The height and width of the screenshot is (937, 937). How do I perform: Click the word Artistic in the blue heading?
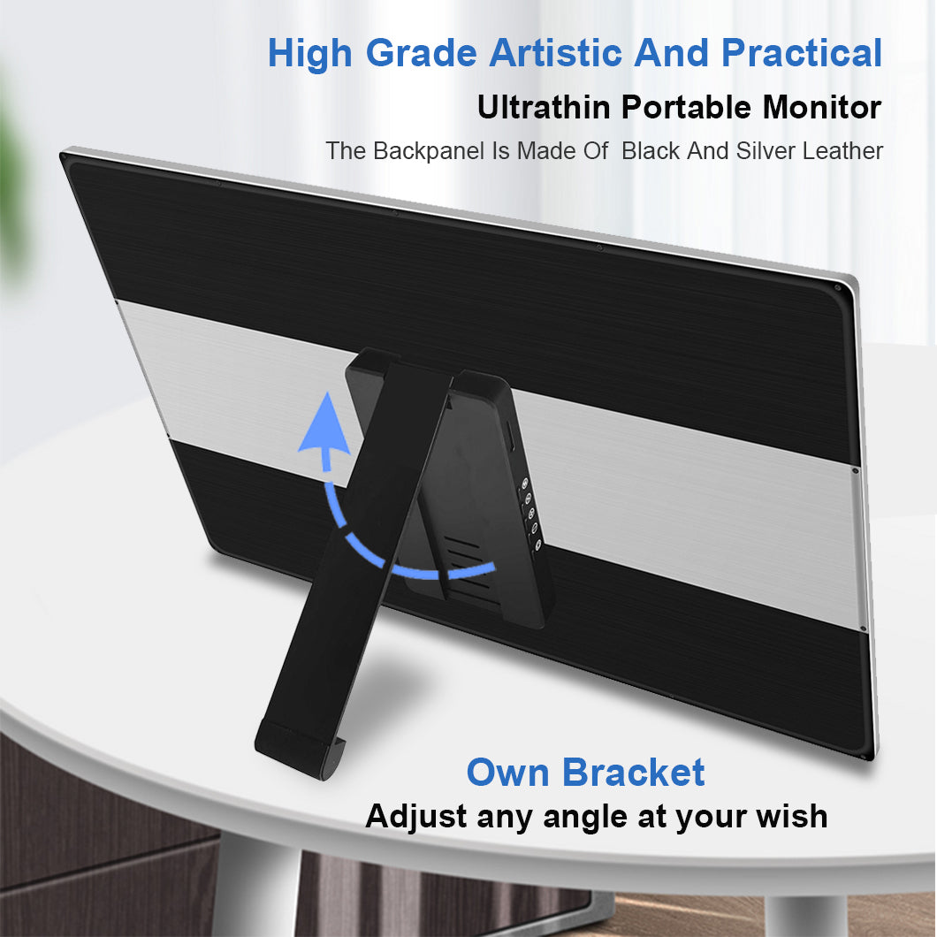(x=557, y=52)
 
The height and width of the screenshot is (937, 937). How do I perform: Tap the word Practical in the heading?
(x=802, y=52)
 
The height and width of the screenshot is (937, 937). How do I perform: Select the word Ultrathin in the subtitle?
(x=544, y=108)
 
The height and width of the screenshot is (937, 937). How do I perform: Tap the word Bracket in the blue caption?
(x=634, y=772)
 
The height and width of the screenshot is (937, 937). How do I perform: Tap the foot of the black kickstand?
(x=300, y=750)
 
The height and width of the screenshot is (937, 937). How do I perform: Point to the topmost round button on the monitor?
(x=525, y=483)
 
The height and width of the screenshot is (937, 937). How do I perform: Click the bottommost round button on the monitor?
(x=537, y=545)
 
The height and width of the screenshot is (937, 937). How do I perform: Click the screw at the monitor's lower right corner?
(x=864, y=758)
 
